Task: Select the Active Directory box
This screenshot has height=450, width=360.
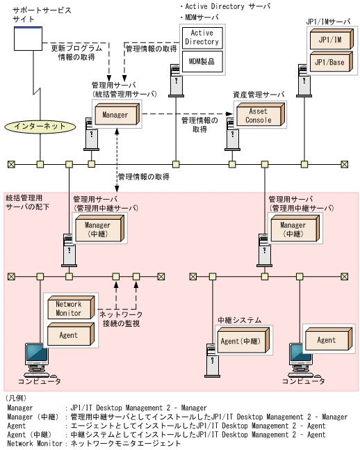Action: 202,37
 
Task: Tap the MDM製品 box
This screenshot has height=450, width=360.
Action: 202,62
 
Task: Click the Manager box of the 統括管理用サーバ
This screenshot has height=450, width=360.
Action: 115,115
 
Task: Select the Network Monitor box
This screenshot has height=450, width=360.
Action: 68,309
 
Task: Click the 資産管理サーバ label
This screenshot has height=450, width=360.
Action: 258,94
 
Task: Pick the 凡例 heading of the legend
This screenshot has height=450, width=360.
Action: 17,398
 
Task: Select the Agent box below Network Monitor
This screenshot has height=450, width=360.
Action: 68,336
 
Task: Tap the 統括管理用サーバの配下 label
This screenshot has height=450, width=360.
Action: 27,202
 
